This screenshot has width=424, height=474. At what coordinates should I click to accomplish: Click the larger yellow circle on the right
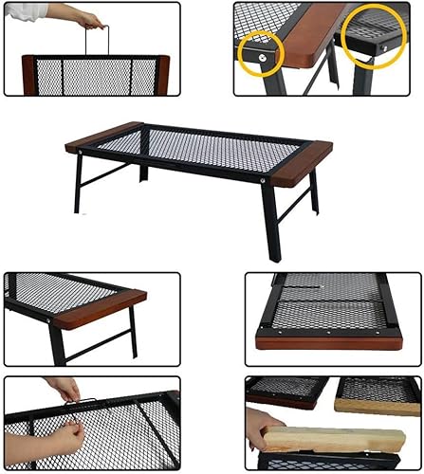pos(373,35)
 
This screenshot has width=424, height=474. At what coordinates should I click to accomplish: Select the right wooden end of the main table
pos(302,162)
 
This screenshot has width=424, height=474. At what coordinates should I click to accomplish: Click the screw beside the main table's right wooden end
pos(264,177)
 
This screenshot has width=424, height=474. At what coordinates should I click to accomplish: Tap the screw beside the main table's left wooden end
pos(81,150)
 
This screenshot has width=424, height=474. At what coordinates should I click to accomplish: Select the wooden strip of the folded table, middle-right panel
pos(328,343)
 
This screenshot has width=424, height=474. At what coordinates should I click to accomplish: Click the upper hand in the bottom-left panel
pos(64,390)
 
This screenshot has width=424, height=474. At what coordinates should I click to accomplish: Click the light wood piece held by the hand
pos(332,439)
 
